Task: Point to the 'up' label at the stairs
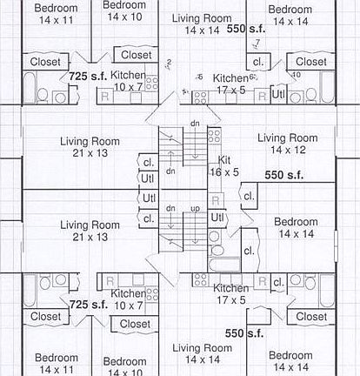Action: [x=197, y=209]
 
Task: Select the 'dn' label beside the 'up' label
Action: [x=172, y=209]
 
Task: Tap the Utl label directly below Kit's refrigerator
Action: [x=218, y=217]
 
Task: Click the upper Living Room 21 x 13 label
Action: [x=90, y=147]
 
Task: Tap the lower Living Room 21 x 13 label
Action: [x=90, y=231]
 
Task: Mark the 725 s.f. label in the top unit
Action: [x=87, y=77]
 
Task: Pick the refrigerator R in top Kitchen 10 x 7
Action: [x=105, y=96]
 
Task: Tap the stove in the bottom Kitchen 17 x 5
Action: [x=201, y=280]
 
